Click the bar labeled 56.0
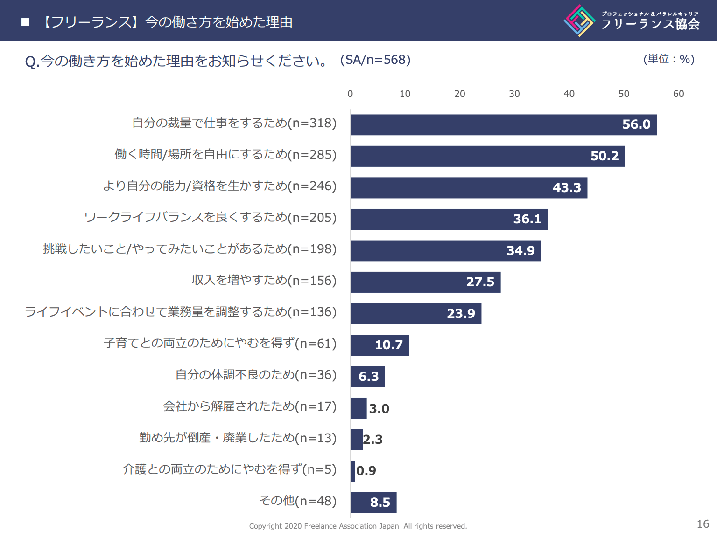[503, 125]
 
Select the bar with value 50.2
[487, 156]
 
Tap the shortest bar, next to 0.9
[353, 471]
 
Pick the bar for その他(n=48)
[373, 503]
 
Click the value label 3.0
[379, 409]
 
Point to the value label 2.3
[373, 440]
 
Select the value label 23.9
[461, 314]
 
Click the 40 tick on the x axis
[569, 94]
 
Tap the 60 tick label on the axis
[678, 94]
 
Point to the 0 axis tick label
[350, 94]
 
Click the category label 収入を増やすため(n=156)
[264, 280]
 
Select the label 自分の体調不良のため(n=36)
[256, 375]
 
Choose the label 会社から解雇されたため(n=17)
[250, 406]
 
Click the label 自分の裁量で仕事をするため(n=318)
[234, 123]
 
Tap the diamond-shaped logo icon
[579, 21]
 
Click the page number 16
[703, 524]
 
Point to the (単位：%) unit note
[668, 59]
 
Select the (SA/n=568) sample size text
[375, 60]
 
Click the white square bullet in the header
[26, 22]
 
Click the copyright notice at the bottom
[358, 526]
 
